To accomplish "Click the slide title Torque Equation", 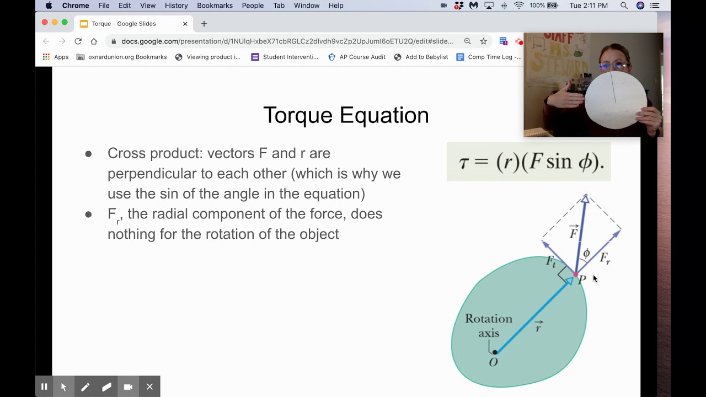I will pyautogui.click(x=346, y=115).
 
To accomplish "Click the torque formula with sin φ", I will pyautogui.click(x=528, y=162).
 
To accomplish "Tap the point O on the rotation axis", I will pyautogui.click(x=495, y=352).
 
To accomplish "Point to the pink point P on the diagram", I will pyautogui.click(x=576, y=275).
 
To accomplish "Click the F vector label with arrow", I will pyautogui.click(x=574, y=233).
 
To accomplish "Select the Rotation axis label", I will pyautogui.click(x=488, y=326).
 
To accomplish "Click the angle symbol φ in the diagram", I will pyautogui.click(x=586, y=253).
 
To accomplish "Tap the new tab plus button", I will pyautogui.click(x=204, y=24).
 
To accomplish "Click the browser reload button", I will pyautogui.click(x=78, y=41).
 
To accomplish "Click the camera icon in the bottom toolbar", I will pyautogui.click(x=128, y=387).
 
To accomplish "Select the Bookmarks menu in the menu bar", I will pyautogui.click(x=215, y=6).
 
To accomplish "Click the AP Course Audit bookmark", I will pyautogui.click(x=362, y=57).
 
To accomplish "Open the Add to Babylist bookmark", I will pyautogui.click(x=426, y=57).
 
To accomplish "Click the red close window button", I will pyautogui.click(x=45, y=23).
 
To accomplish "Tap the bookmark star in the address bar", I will pyautogui.click(x=484, y=41).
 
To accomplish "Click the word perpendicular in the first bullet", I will pyautogui.click(x=152, y=174).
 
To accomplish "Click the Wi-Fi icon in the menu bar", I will pyautogui.click(x=518, y=6).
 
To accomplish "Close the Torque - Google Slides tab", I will pyautogui.click(x=185, y=24).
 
